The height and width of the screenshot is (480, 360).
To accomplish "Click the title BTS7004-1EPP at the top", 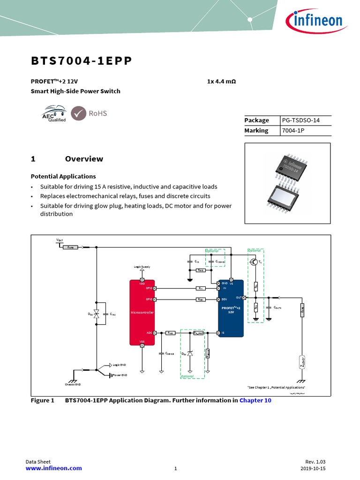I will (x=81, y=61).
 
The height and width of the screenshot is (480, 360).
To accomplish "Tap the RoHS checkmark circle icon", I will (x=78, y=113).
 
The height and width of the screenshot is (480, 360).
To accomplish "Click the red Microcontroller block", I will (x=142, y=312).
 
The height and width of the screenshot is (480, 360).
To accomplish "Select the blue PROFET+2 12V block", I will (x=231, y=308).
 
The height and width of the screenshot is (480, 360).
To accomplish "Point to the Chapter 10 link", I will (x=255, y=400).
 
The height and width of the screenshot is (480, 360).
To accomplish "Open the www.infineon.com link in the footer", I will (x=53, y=468).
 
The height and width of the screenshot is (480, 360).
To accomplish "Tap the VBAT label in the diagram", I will (x=60, y=240).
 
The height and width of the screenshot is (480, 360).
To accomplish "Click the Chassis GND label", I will (x=73, y=384).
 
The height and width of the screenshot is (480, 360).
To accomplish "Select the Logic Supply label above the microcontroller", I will (x=142, y=267).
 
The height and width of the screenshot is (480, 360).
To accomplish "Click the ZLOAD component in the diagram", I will (x=302, y=361).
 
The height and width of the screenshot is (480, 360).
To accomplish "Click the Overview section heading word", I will (x=84, y=159).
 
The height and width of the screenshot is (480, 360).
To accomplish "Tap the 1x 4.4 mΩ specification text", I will (x=221, y=82).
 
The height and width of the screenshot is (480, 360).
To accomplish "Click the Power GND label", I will (x=120, y=375).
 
